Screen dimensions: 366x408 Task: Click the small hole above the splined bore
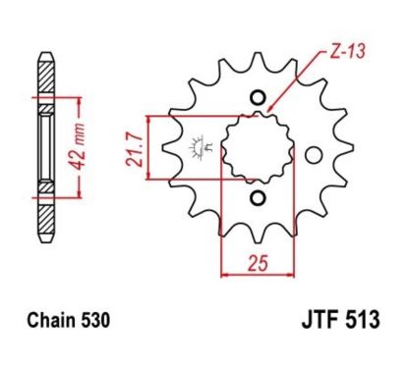(259, 98)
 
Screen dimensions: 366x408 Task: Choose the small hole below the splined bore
(259, 200)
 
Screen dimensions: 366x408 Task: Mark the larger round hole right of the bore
(314, 155)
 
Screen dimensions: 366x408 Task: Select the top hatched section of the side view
(44, 76)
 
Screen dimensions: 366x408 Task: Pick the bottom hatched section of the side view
(44, 218)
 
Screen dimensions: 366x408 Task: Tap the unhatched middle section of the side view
(44, 147)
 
